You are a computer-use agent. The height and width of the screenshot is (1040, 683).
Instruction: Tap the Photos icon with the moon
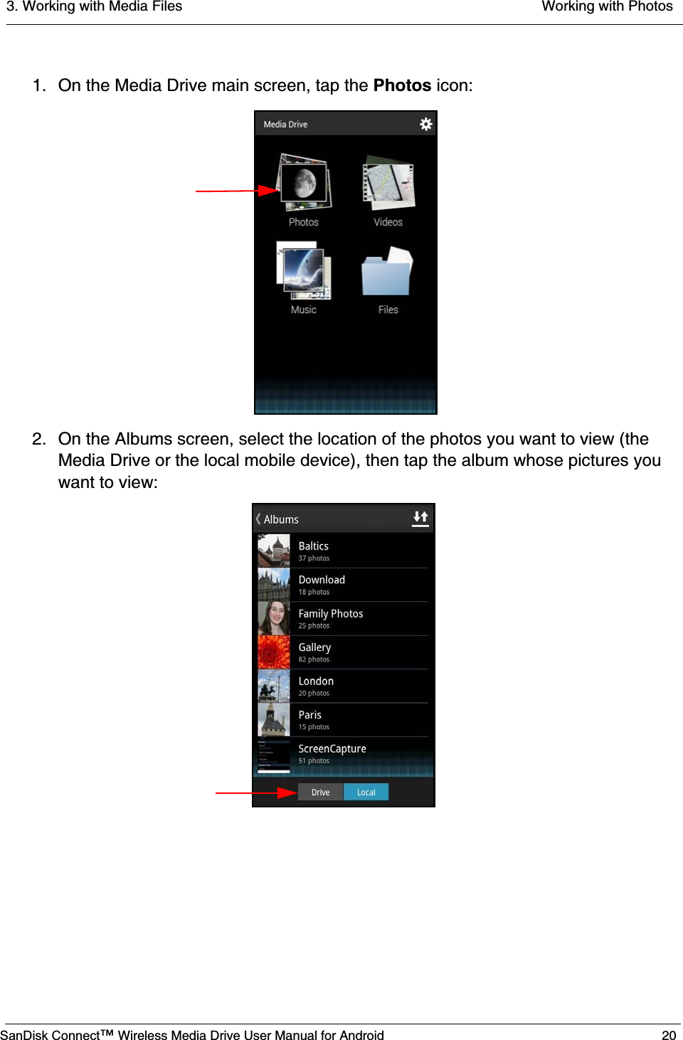coord(305,183)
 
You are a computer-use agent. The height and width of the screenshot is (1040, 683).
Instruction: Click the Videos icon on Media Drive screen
coord(388,184)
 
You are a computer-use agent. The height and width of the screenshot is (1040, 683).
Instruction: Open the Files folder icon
coord(388,272)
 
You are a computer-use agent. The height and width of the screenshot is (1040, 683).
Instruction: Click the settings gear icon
coord(425,124)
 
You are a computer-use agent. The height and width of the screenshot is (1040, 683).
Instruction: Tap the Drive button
coord(321,792)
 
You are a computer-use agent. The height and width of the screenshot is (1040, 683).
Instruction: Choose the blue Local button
coord(366,792)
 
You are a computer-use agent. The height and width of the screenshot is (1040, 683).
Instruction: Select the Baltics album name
coord(314,546)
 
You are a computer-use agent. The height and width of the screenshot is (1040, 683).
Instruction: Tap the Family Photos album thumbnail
coord(274,618)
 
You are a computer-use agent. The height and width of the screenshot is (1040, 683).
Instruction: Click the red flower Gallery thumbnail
coord(274,652)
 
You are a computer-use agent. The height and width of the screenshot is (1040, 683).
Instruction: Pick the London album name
coord(316,681)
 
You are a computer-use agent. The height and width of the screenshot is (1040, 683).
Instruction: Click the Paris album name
coord(310,715)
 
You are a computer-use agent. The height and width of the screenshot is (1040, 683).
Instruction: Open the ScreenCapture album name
coord(332,749)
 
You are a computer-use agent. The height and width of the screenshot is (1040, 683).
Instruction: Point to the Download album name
coord(322,580)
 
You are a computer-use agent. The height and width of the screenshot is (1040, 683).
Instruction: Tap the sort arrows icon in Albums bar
coord(420,518)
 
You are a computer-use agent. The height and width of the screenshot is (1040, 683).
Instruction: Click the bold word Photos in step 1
coord(402,85)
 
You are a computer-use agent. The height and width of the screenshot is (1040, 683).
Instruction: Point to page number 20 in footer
coord(669,1035)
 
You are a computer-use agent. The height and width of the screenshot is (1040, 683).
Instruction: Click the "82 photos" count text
coord(314,660)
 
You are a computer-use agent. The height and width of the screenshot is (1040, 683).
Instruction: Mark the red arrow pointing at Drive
coord(256,792)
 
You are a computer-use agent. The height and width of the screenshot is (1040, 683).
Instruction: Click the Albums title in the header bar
coord(281,519)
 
